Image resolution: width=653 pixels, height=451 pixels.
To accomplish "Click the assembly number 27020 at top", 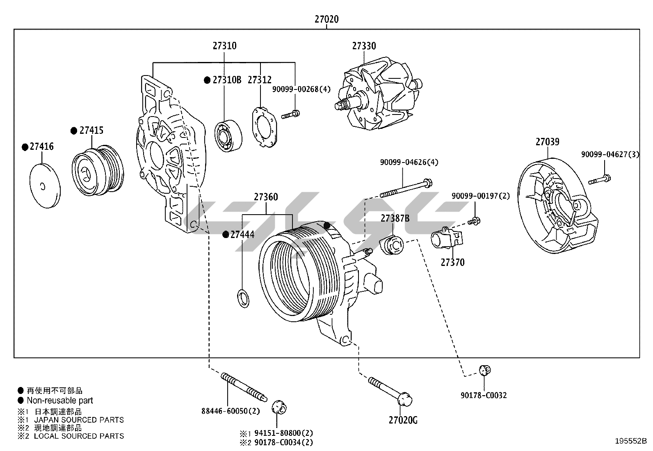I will [x=326, y=19].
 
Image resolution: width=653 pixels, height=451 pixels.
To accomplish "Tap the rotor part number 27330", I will [x=364, y=46].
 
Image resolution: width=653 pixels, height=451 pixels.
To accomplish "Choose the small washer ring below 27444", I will [x=243, y=299].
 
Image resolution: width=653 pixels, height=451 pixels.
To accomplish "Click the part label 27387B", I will [x=395, y=218].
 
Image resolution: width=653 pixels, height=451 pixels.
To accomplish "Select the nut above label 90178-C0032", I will [x=485, y=370].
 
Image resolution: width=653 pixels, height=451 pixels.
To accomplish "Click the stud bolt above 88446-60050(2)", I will [x=244, y=386].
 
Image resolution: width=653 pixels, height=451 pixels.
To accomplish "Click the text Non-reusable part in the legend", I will [x=59, y=401].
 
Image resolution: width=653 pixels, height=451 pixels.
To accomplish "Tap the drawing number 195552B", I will [x=630, y=441].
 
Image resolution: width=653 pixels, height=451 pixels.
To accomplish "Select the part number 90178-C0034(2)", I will [x=283, y=442].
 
